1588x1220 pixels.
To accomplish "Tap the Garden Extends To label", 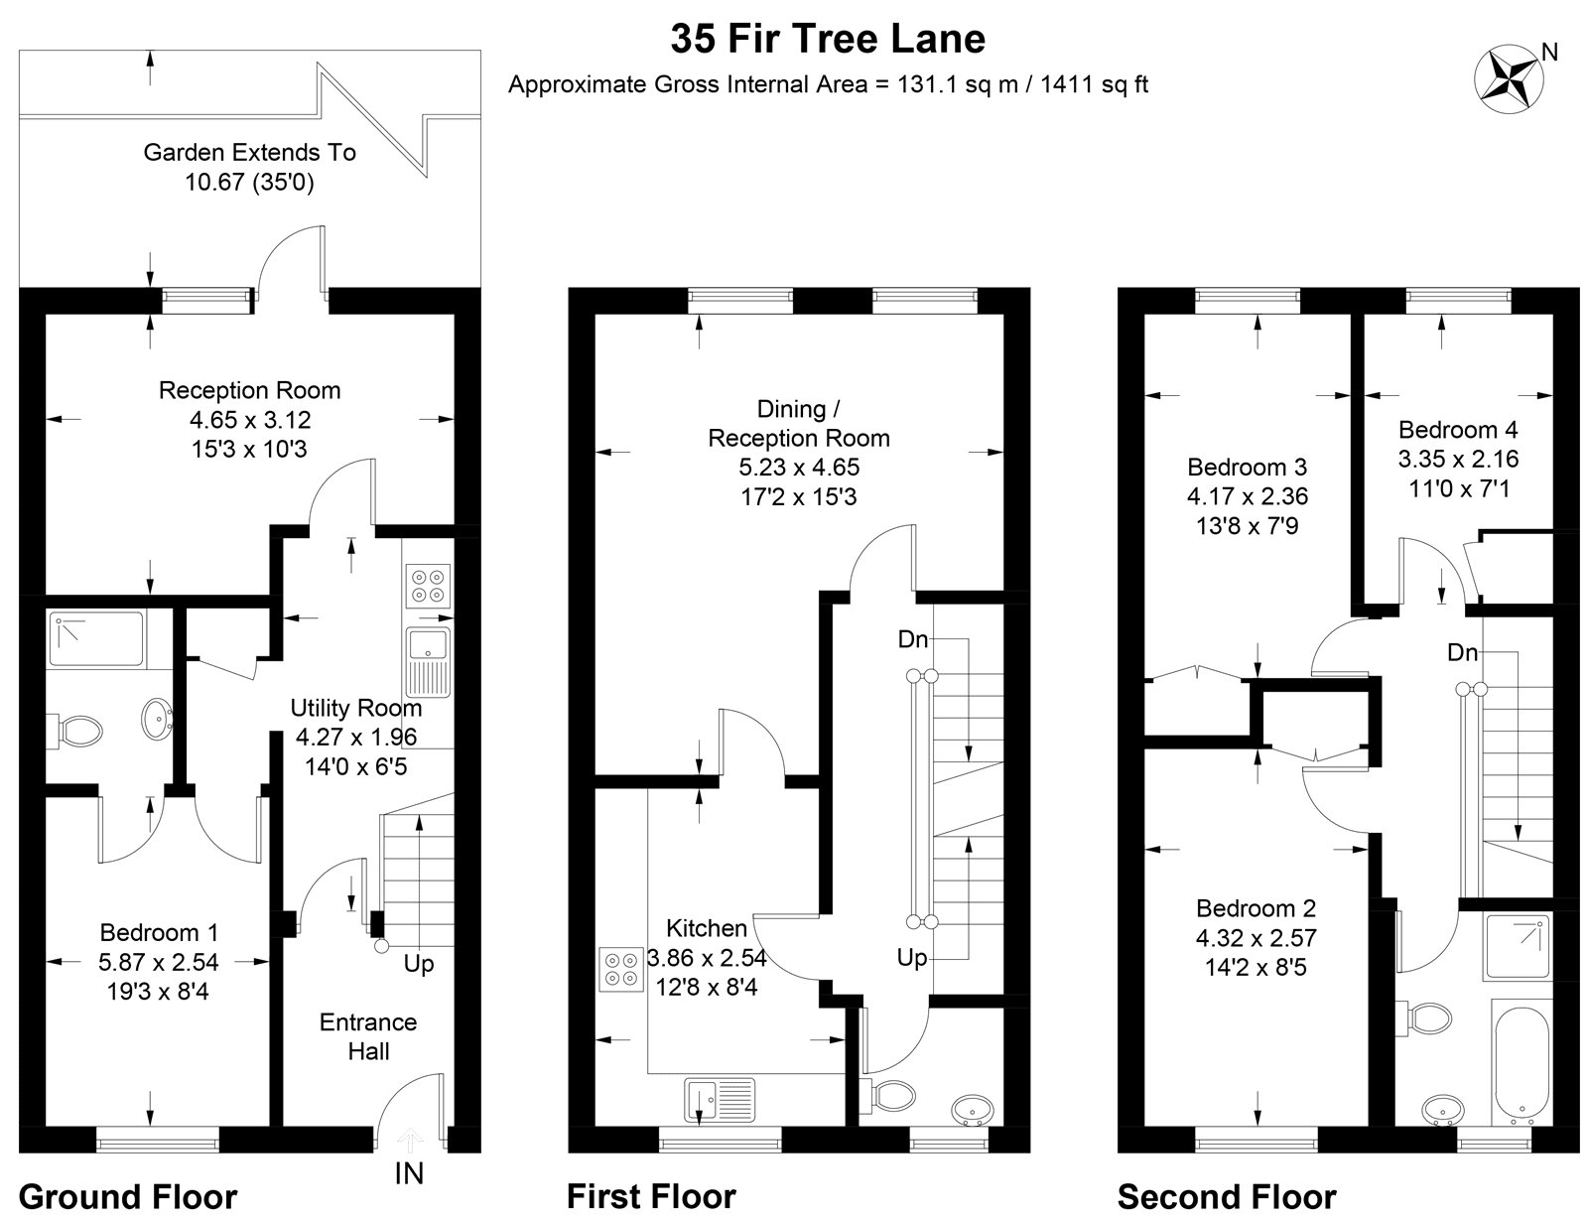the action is point(249,153).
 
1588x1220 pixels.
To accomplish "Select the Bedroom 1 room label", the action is point(159,932).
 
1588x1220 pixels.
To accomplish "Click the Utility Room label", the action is point(355,708).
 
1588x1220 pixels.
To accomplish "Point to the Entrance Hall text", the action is point(368,1036).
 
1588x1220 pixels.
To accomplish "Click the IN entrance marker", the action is point(409,1173).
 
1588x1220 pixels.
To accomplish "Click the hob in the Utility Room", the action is point(428,585).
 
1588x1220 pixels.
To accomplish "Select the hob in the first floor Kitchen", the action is point(621,969).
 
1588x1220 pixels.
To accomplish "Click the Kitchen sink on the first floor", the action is point(720,1098).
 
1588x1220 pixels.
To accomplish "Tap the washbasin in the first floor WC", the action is point(971,1109).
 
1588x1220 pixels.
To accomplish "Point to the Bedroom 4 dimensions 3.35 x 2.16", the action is point(1457,459).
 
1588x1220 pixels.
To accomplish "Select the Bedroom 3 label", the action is point(1247,467).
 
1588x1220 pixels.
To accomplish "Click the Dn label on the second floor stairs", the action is point(1462,652).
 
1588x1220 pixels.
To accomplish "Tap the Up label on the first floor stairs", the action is point(912,958).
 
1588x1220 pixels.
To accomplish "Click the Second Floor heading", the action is point(1227,1196).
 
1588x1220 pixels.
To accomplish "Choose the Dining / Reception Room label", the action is point(798,423).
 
